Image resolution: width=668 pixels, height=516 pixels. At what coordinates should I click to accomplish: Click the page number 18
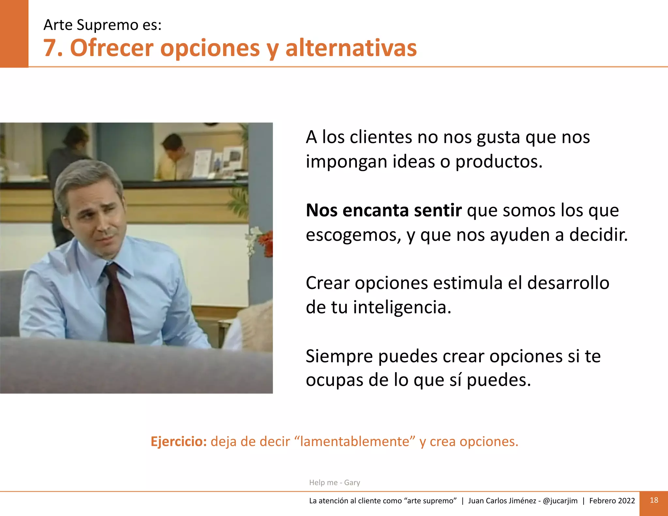(x=654, y=500)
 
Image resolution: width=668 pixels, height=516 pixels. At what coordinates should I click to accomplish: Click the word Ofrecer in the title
(x=112, y=48)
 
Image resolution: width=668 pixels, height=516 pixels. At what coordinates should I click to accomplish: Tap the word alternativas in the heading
(x=351, y=48)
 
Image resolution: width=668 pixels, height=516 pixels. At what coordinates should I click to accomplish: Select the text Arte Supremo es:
(x=102, y=25)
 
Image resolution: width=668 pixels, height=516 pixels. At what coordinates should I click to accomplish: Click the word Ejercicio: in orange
(x=179, y=442)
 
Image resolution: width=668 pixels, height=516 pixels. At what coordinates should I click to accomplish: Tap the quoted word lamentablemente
(x=355, y=442)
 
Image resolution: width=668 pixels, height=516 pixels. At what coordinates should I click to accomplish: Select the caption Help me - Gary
(x=334, y=482)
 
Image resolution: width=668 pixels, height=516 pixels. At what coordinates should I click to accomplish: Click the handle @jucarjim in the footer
(x=560, y=501)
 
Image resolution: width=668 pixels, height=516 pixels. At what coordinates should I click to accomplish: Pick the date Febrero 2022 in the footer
(x=612, y=501)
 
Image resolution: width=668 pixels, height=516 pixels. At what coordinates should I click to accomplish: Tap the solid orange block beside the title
(x=14, y=33)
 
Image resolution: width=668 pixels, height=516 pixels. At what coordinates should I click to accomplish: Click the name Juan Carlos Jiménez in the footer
(x=502, y=501)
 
